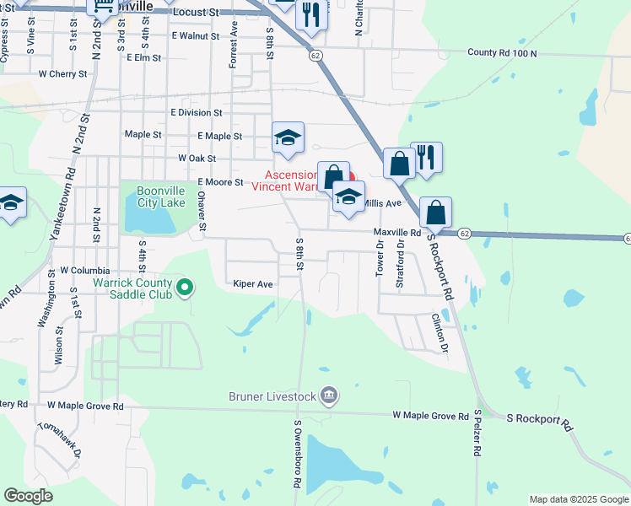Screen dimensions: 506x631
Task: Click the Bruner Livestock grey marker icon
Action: (x=329, y=395)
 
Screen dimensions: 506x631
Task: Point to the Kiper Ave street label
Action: (x=253, y=285)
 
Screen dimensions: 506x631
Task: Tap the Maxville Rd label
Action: (x=396, y=232)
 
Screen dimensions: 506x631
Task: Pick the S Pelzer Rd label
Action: (x=477, y=433)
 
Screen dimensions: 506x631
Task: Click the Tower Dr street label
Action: (x=380, y=258)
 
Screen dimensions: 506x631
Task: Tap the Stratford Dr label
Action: (x=400, y=263)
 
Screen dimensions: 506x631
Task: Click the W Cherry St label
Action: (x=62, y=74)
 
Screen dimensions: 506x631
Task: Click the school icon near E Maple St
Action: (x=288, y=138)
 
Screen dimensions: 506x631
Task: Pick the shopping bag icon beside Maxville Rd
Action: (x=435, y=213)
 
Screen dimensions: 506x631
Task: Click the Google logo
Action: (x=28, y=496)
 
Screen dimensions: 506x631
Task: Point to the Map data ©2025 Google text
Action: (x=578, y=499)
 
